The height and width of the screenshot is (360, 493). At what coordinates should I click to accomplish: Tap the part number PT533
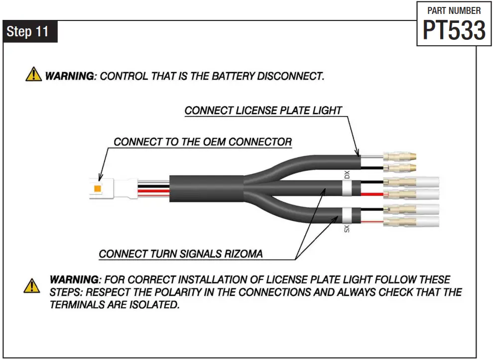(x=454, y=31)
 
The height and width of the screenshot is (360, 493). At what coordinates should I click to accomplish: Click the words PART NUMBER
(x=454, y=10)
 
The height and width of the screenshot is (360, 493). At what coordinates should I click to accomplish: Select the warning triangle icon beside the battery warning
(x=33, y=75)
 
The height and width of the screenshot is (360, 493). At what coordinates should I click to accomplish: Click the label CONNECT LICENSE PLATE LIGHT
(x=263, y=110)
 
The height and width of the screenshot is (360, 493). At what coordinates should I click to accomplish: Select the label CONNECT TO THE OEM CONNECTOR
(x=203, y=142)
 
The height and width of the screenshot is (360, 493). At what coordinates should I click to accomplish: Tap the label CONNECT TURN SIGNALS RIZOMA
(x=180, y=254)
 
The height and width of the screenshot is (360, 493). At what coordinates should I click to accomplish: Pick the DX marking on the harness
(x=347, y=175)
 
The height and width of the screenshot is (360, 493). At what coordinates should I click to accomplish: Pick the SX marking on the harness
(x=347, y=229)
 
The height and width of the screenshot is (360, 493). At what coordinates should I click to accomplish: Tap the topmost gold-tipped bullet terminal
(x=401, y=155)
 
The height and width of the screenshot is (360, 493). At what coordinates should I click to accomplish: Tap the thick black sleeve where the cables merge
(x=207, y=190)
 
